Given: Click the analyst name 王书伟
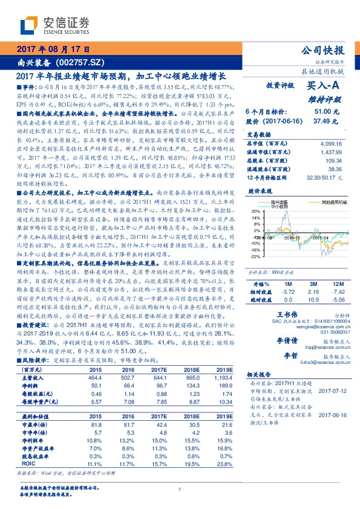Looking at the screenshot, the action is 288,315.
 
